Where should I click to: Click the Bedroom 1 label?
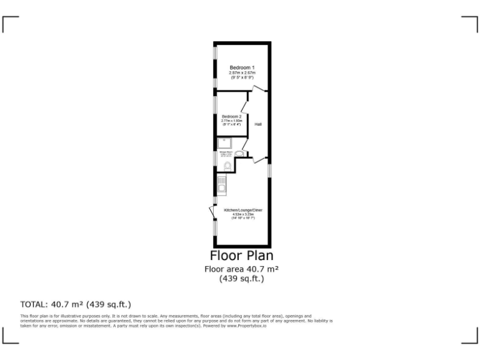pos(242,67)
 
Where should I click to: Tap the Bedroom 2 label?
pos(231,116)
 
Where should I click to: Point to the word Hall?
pos(258,124)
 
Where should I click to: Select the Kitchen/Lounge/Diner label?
pos(243,210)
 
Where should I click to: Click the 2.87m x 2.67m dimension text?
pos(242,72)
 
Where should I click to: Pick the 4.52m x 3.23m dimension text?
pos(243,214)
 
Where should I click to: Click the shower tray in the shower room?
pos(225,143)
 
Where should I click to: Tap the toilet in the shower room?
pos(226,165)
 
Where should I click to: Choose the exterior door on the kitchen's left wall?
pos(212,212)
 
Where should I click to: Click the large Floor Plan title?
pos(241,255)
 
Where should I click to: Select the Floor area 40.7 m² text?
pos(241,269)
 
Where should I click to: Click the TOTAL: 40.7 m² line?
pos(76,304)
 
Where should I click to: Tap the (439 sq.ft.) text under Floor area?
pos(241,279)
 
